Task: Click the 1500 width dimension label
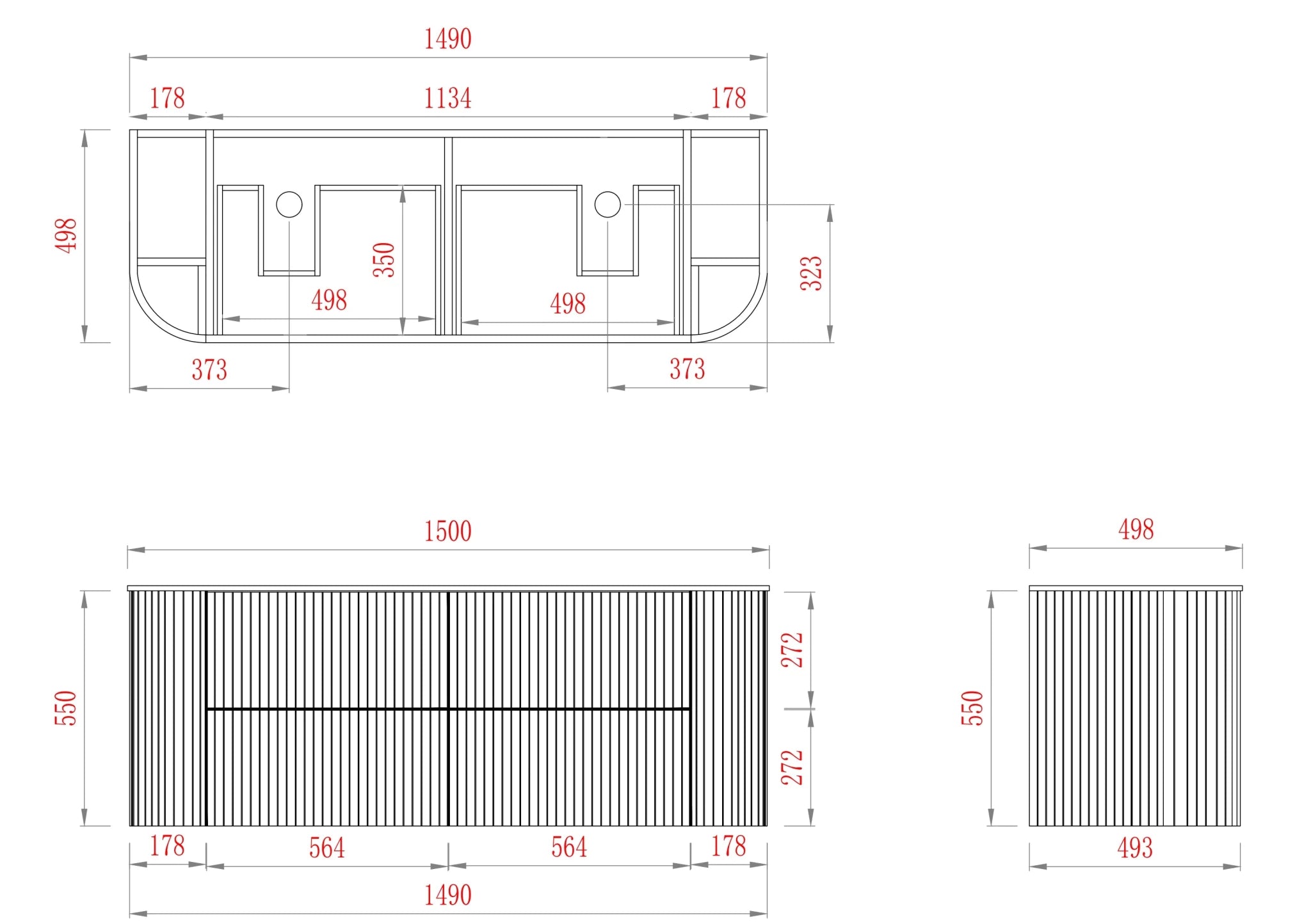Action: click(x=447, y=531)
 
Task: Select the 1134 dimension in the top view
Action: click(x=447, y=99)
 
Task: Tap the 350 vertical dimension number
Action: click(x=384, y=259)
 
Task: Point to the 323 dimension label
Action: click(x=811, y=273)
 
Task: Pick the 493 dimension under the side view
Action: click(x=1135, y=848)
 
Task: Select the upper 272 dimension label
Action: click(x=792, y=649)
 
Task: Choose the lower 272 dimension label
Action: click(x=792, y=767)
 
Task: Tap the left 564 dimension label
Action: click(x=326, y=848)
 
